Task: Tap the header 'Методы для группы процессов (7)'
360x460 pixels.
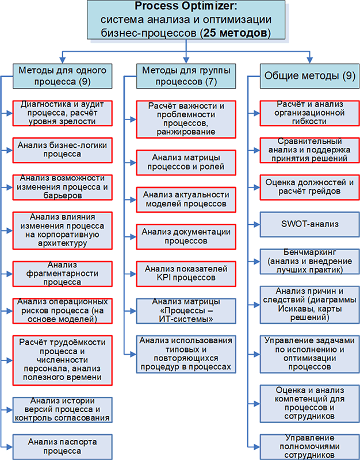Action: pos(184,76)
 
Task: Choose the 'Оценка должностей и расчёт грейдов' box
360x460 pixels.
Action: pos(309,187)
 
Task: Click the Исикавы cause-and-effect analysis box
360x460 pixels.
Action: pos(309,304)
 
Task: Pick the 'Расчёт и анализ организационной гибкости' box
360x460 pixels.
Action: pos(309,113)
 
